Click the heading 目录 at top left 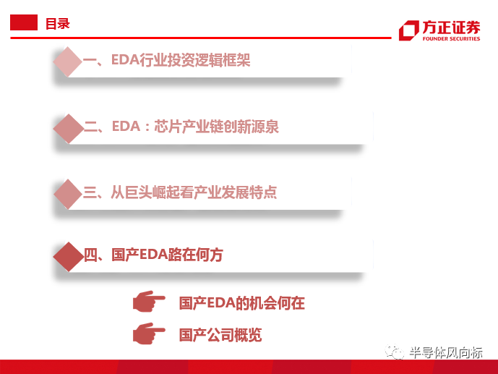pyautogui.click(x=58, y=24)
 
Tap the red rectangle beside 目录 pyautogui.click(x=24, y=22)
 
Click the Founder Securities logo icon pyautogui.click(x=409, y=30)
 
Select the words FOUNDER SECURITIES pyautogui.click(x=451, y=39)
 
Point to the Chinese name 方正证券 pyautogui.click(x=451, y=27)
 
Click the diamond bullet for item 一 pyautogui.click(x=68, y=61)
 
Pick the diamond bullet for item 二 pyautogui.click(x=69, y=129)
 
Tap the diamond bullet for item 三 pyautogui.click(x=68, y=194)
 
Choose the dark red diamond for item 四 pyautogui.click(x=68, y=257)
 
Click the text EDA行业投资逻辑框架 pyautogui.click(x=181, y=60)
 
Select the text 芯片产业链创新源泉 pyautogui.click(x=216, y=127)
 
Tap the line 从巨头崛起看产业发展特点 pyautogui.click(x=194, y=192)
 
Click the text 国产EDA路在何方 pyautogui.click(x=167, y=255)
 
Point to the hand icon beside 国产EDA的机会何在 pyautogui.click(x=149, y=301)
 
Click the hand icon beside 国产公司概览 pyautogui.click(x=149, y=333)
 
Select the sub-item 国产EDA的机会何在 pyautogui.click(x=241, y=303)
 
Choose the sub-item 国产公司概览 pyautogui.click(x=220, y=335)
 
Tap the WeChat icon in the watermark pyautogui.click(x=394, y=352)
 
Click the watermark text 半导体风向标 pyautogui.click(x=445, y=353)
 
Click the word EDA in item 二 pyautogui.click(x=126, y=126)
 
